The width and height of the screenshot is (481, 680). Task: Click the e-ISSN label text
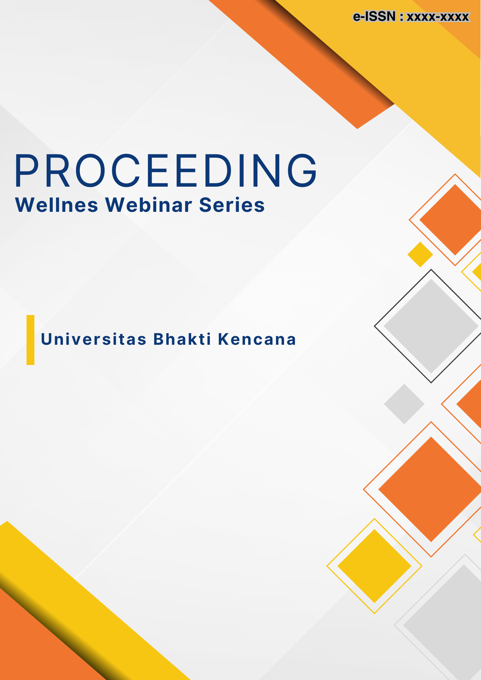[374, 16]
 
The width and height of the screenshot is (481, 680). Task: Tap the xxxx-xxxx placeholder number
[438, 17]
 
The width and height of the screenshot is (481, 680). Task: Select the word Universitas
[94, 339]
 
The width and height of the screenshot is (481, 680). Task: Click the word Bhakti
[182, 339]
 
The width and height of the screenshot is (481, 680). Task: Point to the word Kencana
[257, 339]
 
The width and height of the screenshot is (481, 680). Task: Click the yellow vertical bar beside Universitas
[31, 340]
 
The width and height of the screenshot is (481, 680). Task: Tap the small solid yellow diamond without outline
[420, 254]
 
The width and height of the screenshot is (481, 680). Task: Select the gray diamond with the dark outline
[431, 326]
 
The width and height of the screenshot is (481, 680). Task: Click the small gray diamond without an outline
[404, 404]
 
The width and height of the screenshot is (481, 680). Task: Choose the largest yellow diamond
[374, 566]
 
